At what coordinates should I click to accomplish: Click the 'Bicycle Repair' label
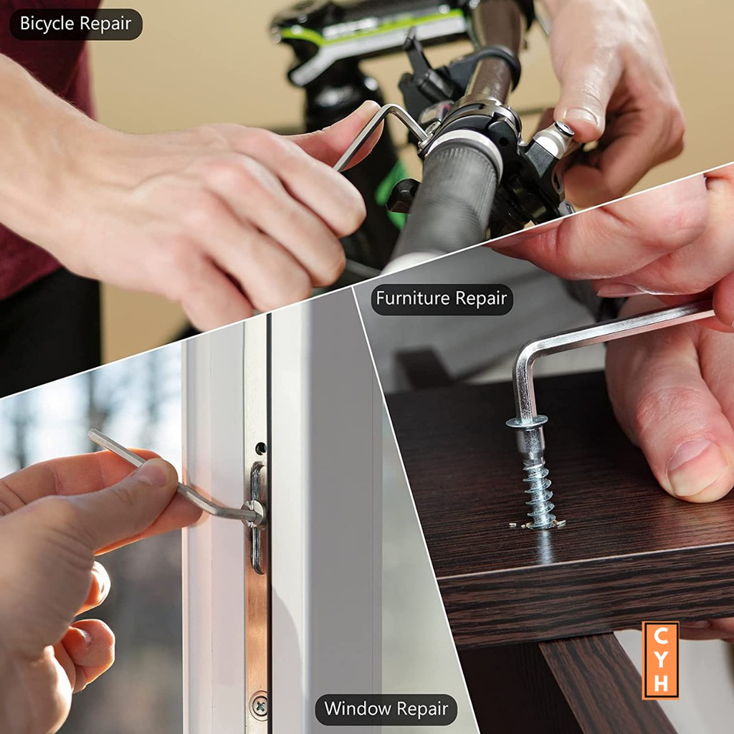(x=76, y=24)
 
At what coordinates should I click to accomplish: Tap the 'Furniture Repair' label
(x=442, y=299)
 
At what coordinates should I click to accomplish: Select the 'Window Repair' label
(x=386, y=709)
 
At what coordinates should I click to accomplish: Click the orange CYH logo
(x=660, y=660)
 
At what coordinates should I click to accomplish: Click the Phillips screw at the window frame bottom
(x=259, y=705)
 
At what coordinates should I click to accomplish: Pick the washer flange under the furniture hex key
(x=527, y=421)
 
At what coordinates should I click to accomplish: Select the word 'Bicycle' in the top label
(x=47, y=24)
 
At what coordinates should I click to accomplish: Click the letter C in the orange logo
(x=660, y=637)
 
